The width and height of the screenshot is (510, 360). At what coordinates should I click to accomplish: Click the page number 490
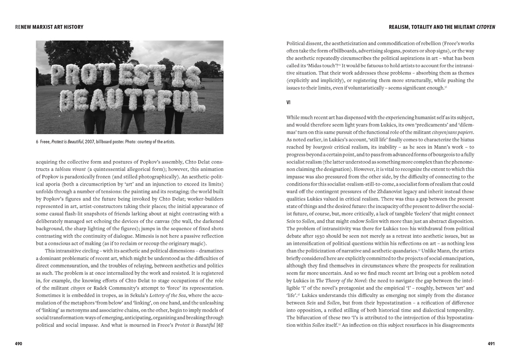tap(18, 344)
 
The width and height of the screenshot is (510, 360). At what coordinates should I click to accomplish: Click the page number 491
tap(491, 344)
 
